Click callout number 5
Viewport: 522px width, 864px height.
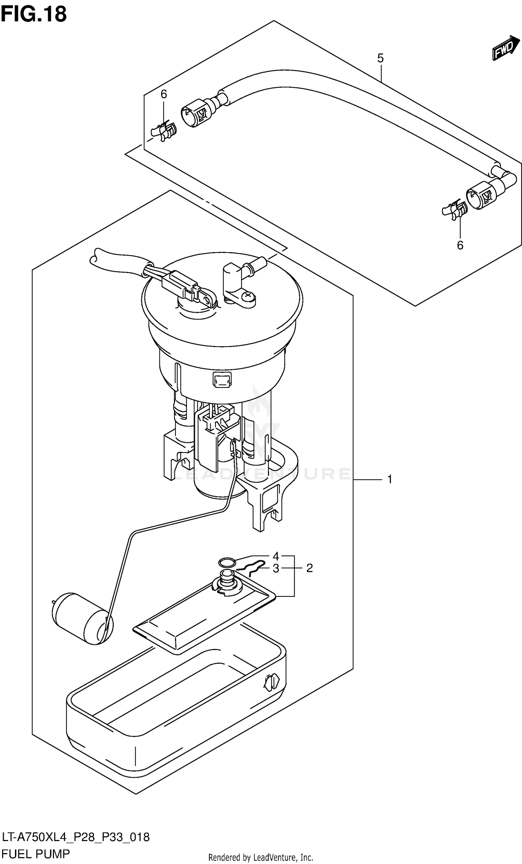pyautogui.click(x=380, y=58)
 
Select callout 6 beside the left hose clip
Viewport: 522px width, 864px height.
pyautogui.click(x=164, y=94)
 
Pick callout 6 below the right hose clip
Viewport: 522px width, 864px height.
pyautogui.click(x=460, y=245)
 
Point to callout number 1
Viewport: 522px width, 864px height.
pyautogui.click(x=390, y=479)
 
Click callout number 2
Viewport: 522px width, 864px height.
pyautogui.click(x=309, y=568)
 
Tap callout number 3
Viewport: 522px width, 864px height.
pyautogui.click(x=276, y=569)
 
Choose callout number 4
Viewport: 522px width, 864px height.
pyautogui.click(x=276, y=556)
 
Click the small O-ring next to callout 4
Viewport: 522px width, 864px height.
pyautogui.click(x=227, y=563)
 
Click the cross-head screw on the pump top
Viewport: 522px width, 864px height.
pyautogui.click(x=249, y=296)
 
